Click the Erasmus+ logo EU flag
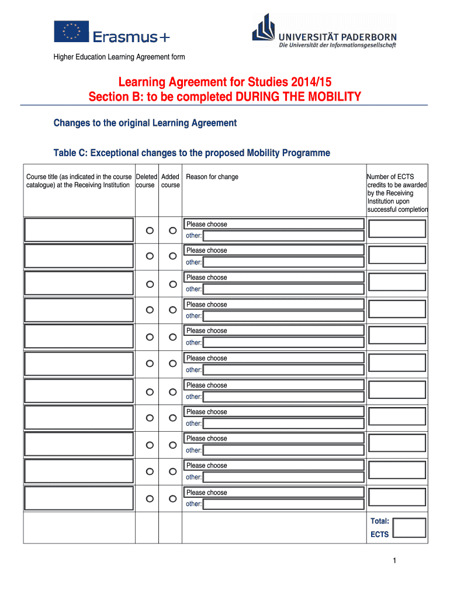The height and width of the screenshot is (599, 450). click(71, 32)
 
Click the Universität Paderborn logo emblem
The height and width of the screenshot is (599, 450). click(263, 28)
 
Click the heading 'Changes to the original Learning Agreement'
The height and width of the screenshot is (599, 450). click(145, 123)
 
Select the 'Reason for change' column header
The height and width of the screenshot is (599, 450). click(212, 177)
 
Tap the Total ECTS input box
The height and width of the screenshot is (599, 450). click(409, 528)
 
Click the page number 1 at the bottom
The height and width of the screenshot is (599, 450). click(395, 562)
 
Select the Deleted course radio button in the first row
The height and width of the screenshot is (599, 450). click(150, 230)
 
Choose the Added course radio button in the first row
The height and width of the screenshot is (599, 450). click(172, 230)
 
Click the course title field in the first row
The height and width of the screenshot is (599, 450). click(78, 229)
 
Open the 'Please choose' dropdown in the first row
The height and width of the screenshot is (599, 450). click(274, 224)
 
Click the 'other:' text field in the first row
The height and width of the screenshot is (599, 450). click(283, 236)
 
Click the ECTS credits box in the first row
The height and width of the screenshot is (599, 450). click(397, 229)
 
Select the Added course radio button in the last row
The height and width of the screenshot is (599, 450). click(172, 498)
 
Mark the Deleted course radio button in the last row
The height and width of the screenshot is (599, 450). click(150, 498)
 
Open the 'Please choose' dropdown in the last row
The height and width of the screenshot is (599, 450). click(274, 493)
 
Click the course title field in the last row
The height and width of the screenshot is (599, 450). click(78, 498)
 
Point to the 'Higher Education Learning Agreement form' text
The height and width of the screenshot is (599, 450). click(119, 57)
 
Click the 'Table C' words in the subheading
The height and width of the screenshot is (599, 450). click(68, 153)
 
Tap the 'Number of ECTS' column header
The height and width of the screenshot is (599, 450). click(390, 177)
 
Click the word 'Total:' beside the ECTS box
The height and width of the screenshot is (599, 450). click(380, 521)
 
